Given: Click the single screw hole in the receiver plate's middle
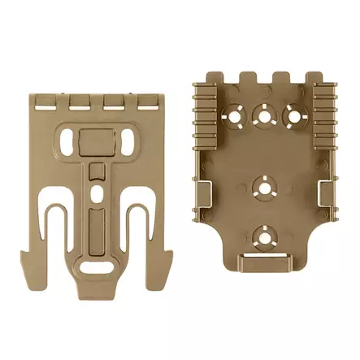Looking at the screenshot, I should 262,184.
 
